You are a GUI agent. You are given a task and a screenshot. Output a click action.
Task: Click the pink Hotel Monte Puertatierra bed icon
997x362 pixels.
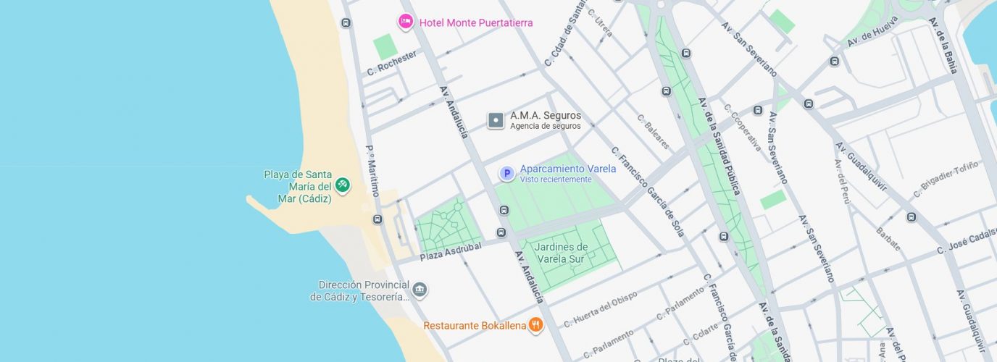click(406, 22)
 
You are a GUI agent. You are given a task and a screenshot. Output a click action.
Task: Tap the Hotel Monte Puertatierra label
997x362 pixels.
click(475, 23)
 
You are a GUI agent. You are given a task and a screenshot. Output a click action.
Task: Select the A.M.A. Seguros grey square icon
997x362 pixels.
click(496, 120)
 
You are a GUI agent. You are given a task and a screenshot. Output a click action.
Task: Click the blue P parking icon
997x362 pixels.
click(507, 174)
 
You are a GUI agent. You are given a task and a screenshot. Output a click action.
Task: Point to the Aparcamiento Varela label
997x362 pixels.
click(567, 169)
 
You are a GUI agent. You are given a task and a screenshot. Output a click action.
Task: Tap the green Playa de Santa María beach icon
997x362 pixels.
click(343, 185)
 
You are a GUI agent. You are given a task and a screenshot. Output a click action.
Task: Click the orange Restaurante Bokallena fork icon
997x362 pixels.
click(535, 325)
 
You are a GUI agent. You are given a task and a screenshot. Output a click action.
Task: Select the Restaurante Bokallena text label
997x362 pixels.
click(475, 326)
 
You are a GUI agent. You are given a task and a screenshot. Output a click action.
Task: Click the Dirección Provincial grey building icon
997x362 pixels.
click(420, 291)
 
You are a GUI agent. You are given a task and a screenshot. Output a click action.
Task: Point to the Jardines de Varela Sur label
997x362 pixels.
click(562, 253)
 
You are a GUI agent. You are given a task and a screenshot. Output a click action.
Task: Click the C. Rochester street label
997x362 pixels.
click(392, 63)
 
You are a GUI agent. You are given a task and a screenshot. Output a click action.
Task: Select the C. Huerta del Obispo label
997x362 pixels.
click(600, 309)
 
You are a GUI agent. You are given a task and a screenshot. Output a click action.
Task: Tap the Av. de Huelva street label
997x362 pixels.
click(872, 30)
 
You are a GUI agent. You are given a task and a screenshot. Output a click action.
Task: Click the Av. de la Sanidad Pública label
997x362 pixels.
click(719, 146)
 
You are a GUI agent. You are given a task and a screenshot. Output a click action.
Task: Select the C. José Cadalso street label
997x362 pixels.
click(967, 240)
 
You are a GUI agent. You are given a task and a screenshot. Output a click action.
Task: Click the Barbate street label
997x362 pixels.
click(888, 238)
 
